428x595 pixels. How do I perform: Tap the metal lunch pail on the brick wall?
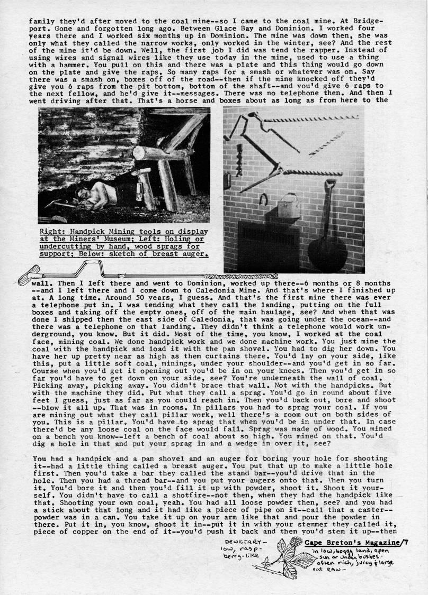click(288, 203)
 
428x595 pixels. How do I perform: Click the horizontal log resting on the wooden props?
click(162, 153)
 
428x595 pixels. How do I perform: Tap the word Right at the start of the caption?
click(51, 232)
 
